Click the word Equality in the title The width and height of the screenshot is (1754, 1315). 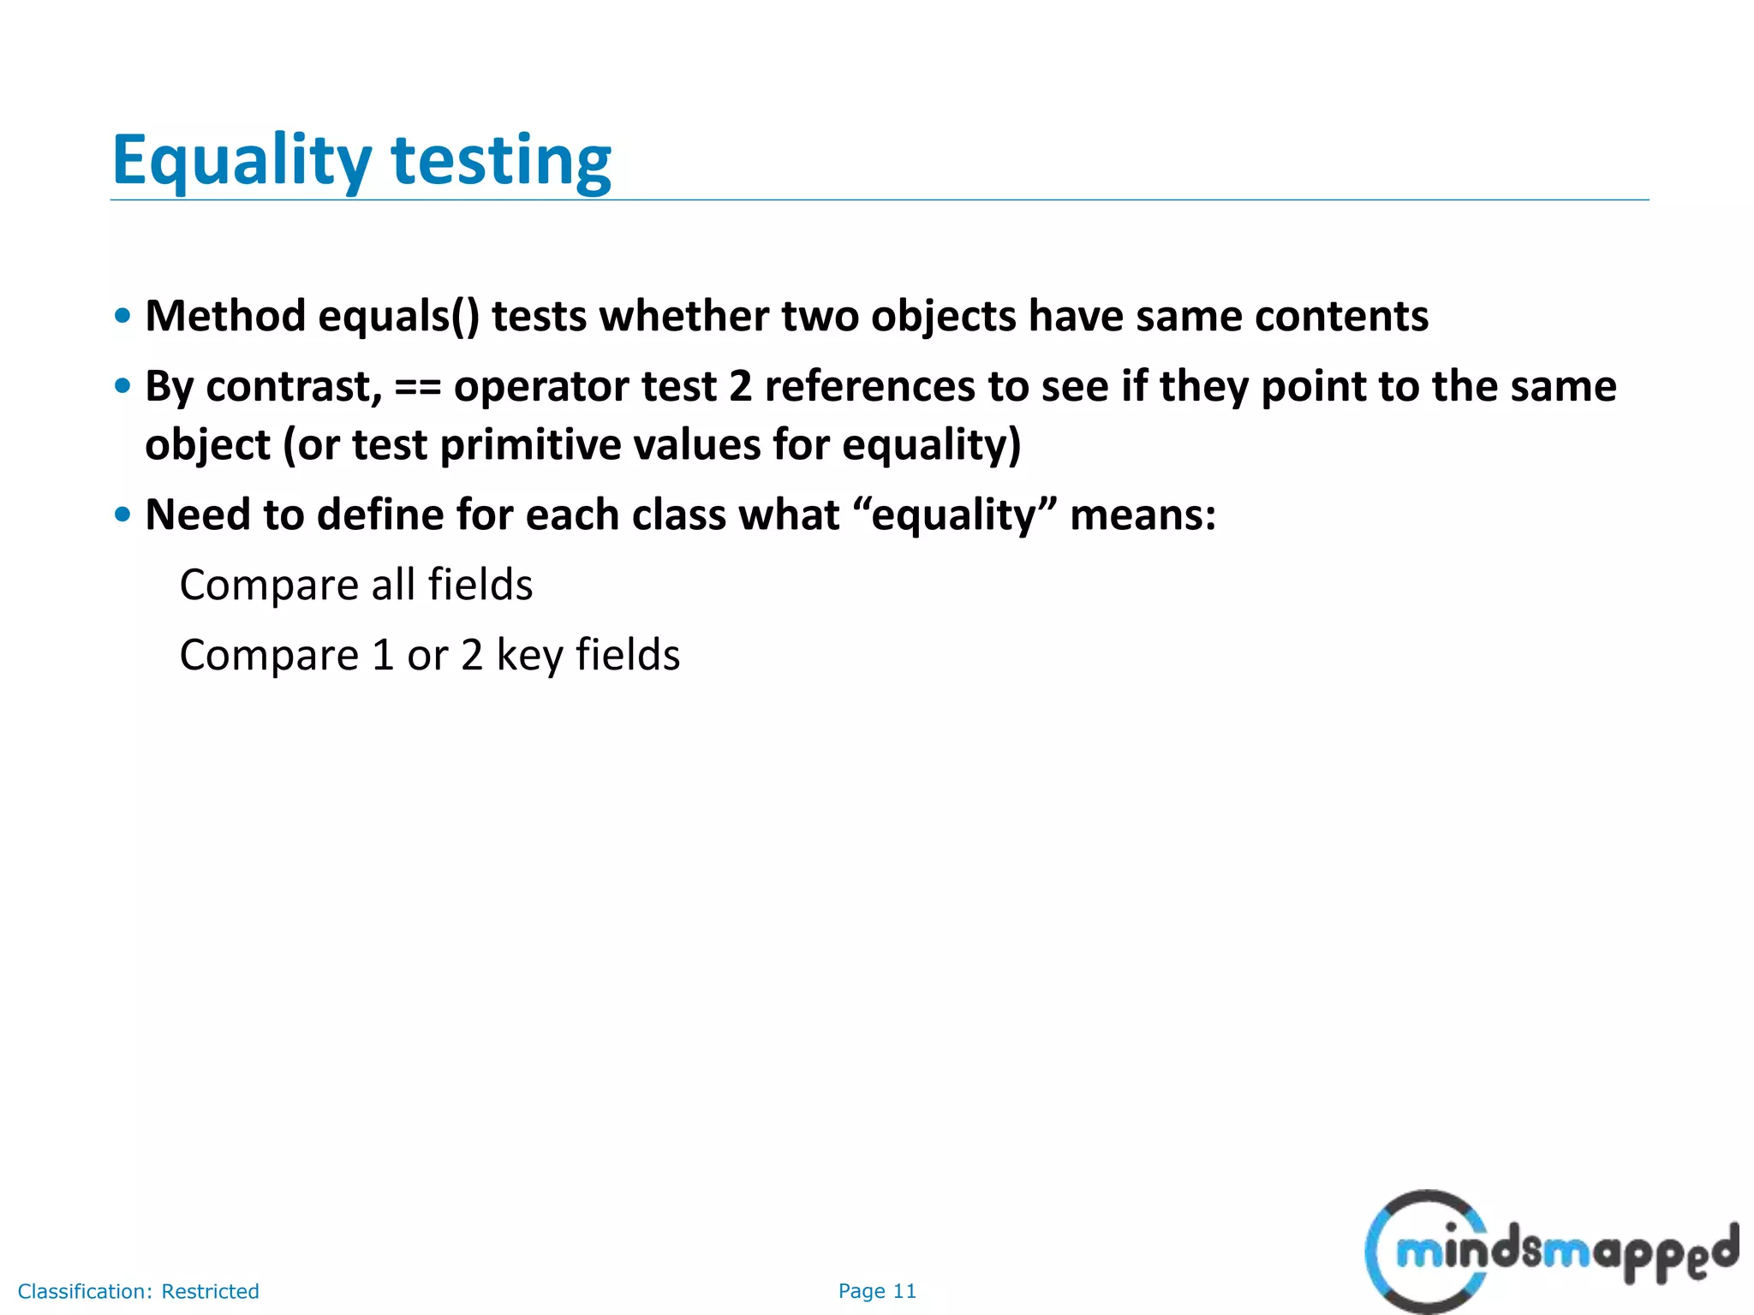click(242, 162)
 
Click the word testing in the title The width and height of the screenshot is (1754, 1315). click(501, 162)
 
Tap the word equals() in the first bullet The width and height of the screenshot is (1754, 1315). click(398, 316)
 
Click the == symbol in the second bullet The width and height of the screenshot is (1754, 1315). click(418, 387)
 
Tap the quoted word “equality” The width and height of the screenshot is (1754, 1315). click(956, 515)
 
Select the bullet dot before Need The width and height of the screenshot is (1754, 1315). click(123, 515)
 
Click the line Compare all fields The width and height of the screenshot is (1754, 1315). click(356, 586)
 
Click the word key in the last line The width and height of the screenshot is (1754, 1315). click(528, 656)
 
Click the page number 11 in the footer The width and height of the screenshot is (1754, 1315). click(904, 1291)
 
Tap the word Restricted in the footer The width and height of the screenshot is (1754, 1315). click(210, 1291)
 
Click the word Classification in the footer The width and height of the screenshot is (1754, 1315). click(84, 1291)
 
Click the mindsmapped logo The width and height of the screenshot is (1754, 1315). click(1550, 1253)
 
